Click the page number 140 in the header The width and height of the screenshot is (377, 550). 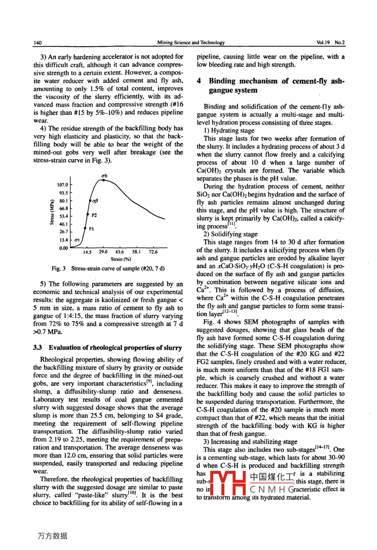(x=38, y=42)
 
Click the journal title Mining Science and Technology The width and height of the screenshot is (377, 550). (x=191, y=42)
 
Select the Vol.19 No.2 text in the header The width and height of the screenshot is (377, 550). (x=331, y=42)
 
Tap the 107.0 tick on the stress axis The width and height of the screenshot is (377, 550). (x=63, y=185)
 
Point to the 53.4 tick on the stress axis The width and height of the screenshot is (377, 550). (x=63, y=216)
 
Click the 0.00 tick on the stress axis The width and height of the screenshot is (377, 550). (x=63, y=248)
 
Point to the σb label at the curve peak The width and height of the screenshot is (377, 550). (x=104, y=176)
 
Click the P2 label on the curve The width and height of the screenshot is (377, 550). (x=94, y=215)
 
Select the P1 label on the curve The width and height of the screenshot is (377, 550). (x=91, y=229)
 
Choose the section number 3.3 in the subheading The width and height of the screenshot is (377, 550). (x=38, y=347)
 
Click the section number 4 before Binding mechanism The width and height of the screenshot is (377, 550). (x=199, y=81)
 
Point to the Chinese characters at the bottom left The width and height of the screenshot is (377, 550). (x=52, y=536)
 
